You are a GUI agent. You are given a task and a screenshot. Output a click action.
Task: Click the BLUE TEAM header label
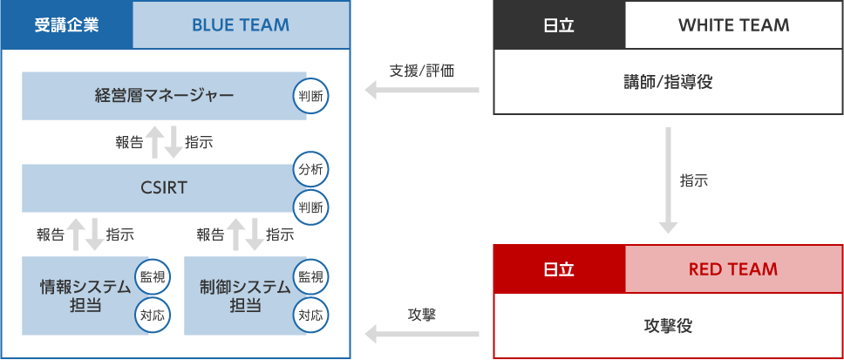tap(241, 24)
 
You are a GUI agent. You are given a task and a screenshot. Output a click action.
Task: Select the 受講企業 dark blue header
tap(66, 24)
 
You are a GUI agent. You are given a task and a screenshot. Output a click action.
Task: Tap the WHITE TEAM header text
tap(733, 24)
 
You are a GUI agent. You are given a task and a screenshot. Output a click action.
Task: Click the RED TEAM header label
tap(733, 268)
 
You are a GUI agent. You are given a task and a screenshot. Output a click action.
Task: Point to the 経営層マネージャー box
tap(164, 95)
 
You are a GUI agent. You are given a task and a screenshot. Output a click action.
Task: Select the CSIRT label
tap(163, 187)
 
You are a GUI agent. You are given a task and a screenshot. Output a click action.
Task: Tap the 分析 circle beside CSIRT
tap(310, 169)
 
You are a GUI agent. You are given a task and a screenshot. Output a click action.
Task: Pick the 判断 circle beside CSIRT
tap(310, 207)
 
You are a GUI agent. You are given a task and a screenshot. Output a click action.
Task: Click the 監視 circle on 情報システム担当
tap(152, 277)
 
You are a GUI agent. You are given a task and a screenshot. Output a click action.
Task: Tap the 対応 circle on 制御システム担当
tap(310, 316)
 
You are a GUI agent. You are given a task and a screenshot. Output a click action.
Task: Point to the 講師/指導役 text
tap(668, 82)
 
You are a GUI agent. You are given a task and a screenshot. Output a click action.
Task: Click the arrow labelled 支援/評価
tap(422, 90)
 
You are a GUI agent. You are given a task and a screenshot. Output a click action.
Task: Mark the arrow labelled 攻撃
tap(422, 333)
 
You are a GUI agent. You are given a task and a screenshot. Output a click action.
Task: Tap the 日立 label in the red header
tap(559, 268)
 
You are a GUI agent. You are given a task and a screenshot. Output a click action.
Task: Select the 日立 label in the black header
tap(559, 24)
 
